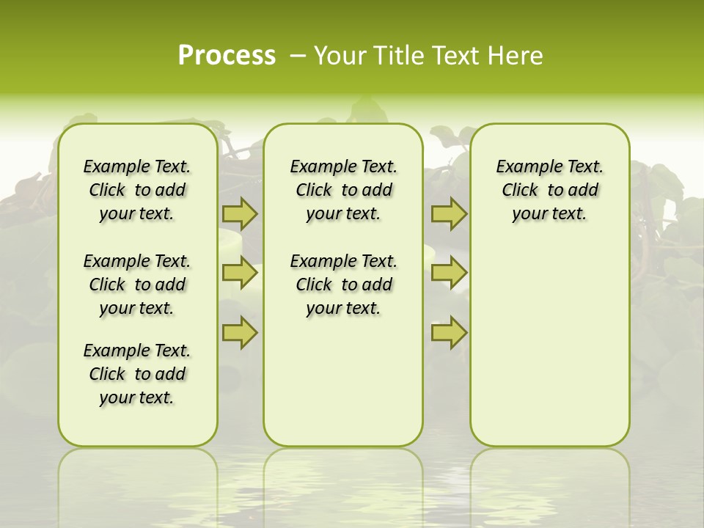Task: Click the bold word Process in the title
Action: point(227,55)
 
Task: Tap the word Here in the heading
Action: point(516,56)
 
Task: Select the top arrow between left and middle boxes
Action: point(240,213)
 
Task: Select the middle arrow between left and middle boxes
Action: point(240,273)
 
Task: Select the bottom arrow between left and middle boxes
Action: point(240,333)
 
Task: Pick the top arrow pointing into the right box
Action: point(449,213)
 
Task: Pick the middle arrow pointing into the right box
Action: point(449,273)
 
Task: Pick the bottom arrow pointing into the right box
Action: point(449,333)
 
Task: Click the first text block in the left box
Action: point(137,190)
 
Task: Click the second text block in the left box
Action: point(137,285)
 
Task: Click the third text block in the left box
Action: point(137,374)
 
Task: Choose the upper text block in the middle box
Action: point(343,190)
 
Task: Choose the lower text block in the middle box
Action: point(343,285)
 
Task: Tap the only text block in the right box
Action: point(549,190)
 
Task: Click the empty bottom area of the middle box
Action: point(343,389)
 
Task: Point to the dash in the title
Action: point(298,56)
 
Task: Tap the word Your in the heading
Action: point(340,56)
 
